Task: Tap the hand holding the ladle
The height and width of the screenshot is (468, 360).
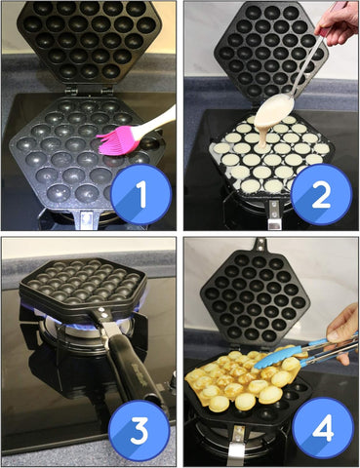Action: [337, 22]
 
